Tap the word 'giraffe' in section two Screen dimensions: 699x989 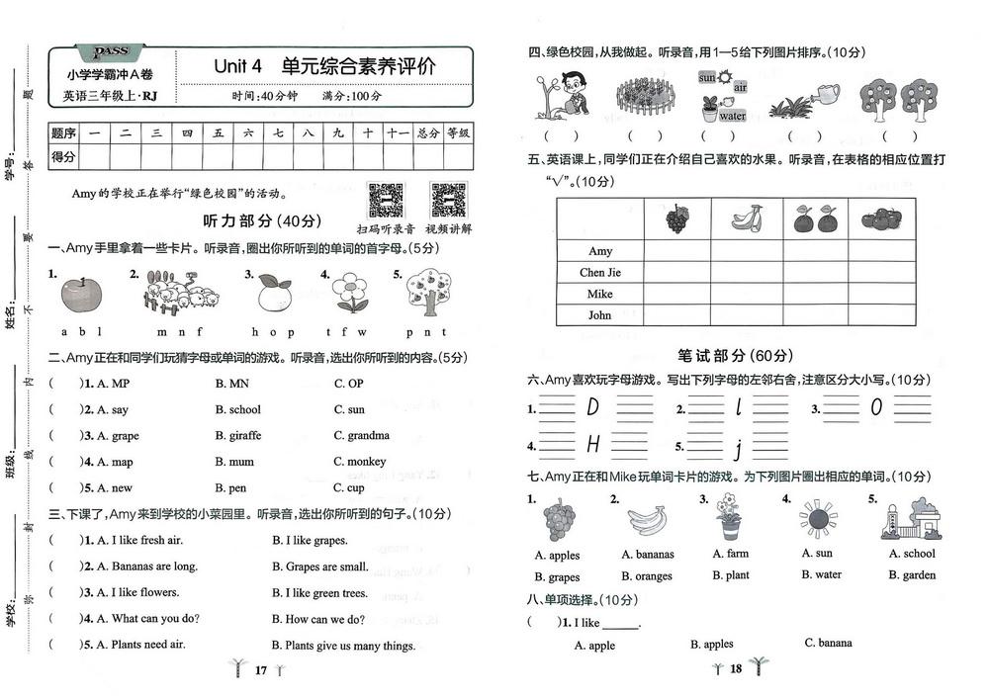point(243,436)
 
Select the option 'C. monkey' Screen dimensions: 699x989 point(360,462)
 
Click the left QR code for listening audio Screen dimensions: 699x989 point(385,200)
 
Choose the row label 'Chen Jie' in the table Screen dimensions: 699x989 point(600,273)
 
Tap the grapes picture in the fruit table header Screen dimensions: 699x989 point(676,218)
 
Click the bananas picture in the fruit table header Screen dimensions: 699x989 point(747,218)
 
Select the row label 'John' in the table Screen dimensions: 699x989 point(600,316)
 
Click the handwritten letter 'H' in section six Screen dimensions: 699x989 point(593,445)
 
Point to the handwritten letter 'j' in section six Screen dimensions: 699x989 point(738,450)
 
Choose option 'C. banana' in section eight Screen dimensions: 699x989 point(828,643)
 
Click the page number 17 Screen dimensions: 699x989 point(261,669)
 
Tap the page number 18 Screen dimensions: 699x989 point(735,668)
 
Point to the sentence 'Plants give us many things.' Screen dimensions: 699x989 point(350,646)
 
